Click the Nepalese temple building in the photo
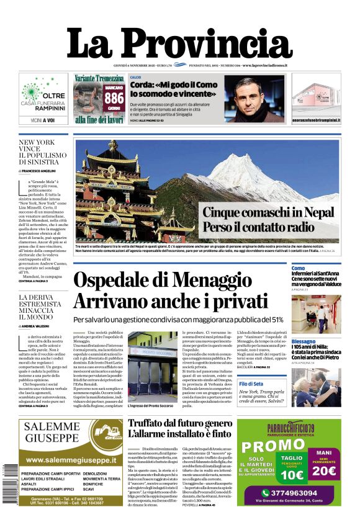click(x=113, y=186)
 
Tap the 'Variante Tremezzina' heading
click(x=99, y=78)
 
